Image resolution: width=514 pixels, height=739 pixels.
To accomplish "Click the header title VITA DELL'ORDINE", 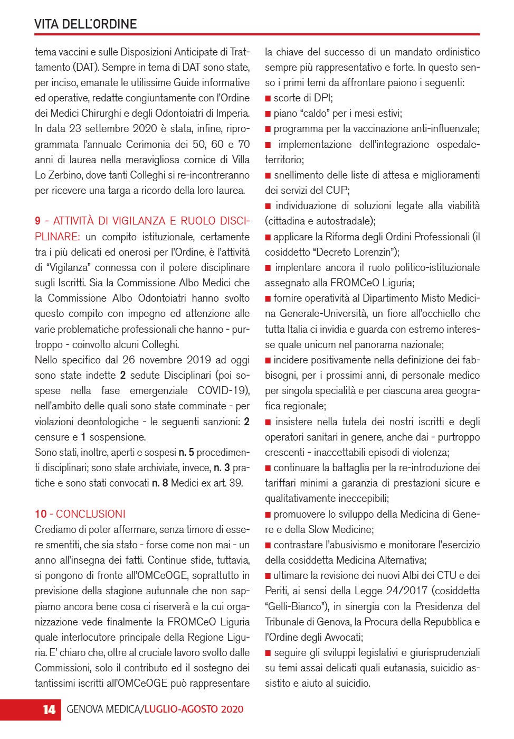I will point(85,24).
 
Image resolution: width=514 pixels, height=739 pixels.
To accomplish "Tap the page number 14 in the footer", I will point(49,709).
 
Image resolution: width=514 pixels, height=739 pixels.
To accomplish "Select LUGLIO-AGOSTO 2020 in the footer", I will point(194,709).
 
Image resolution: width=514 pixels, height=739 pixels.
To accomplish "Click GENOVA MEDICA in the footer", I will point(103,709).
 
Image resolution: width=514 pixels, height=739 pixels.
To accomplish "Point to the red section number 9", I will point(37,221).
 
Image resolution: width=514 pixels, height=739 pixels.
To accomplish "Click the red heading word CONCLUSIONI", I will point(91,514).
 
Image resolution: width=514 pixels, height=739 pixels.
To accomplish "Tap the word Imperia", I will point(230,114).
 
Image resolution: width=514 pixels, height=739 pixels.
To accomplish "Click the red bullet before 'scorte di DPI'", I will point(268,98).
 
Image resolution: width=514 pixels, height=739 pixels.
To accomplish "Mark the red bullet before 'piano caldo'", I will point(268,114).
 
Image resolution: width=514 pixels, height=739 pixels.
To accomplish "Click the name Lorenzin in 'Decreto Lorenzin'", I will point(374,252).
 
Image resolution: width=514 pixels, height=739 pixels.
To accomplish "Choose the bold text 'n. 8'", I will point(159,483).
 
